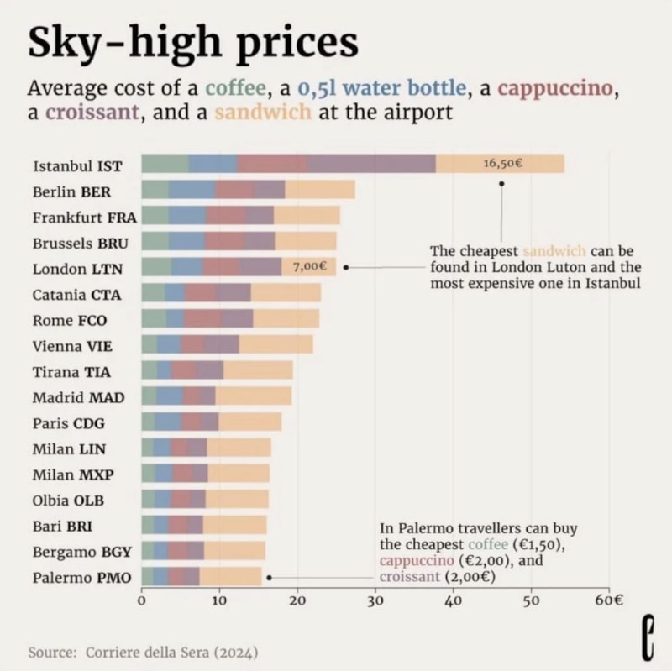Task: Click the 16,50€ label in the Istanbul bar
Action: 503,163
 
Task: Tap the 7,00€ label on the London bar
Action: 308,266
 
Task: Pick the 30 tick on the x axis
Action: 375,601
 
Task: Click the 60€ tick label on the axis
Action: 609,601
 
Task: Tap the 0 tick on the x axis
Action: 142,601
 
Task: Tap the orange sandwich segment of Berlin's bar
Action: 320,190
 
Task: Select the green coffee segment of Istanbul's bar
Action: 165,164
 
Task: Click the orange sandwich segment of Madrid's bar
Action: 253,396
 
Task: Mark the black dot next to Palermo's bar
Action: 269,578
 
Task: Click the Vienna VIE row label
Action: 72,345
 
